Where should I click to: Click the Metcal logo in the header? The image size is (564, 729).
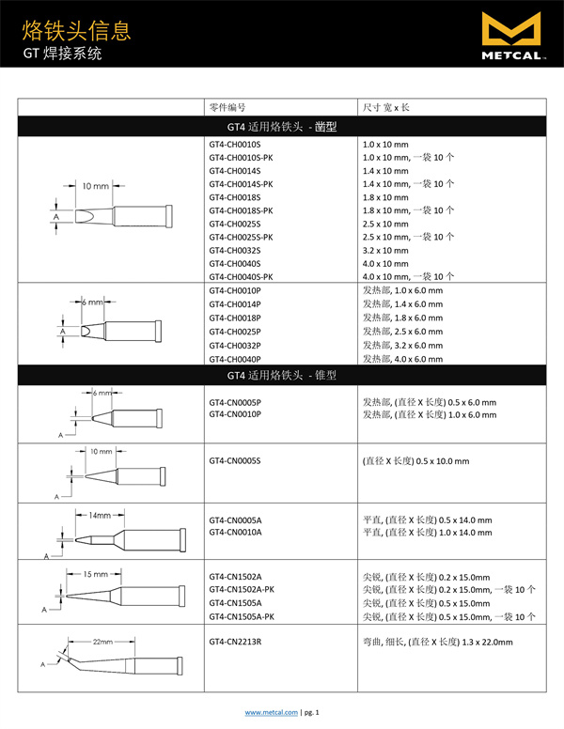(x=511, y=39)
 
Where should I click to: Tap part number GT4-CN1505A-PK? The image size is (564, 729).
(x=242, y=616)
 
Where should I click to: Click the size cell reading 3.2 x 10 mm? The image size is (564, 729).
(x=385, y=251)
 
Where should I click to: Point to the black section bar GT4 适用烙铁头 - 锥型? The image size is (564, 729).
(x=281, y=376)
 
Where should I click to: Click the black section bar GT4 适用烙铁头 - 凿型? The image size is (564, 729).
(x=281, y=126)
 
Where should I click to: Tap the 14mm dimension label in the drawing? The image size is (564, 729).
(x=100, y=515)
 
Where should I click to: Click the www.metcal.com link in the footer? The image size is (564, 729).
(x=272, y=713)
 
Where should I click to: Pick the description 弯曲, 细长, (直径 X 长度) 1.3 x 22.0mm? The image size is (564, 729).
(x=438, y=642)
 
